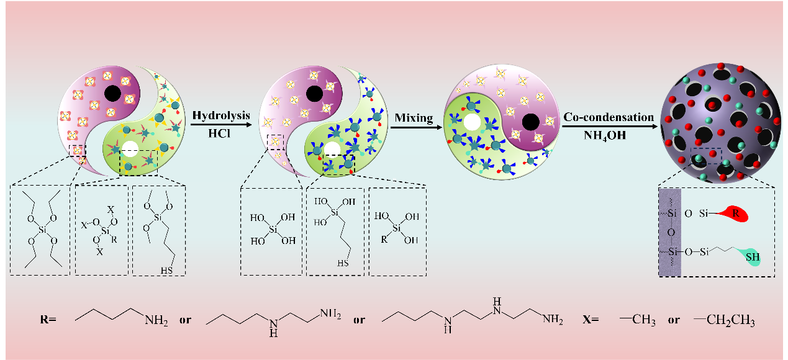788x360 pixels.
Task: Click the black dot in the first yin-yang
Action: [x=112, y=94]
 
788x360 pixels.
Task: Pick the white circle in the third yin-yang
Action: [x=472, y=122]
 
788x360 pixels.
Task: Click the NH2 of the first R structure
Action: [x=156, y=321]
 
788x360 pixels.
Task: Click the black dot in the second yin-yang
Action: [x=314, y=94]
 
